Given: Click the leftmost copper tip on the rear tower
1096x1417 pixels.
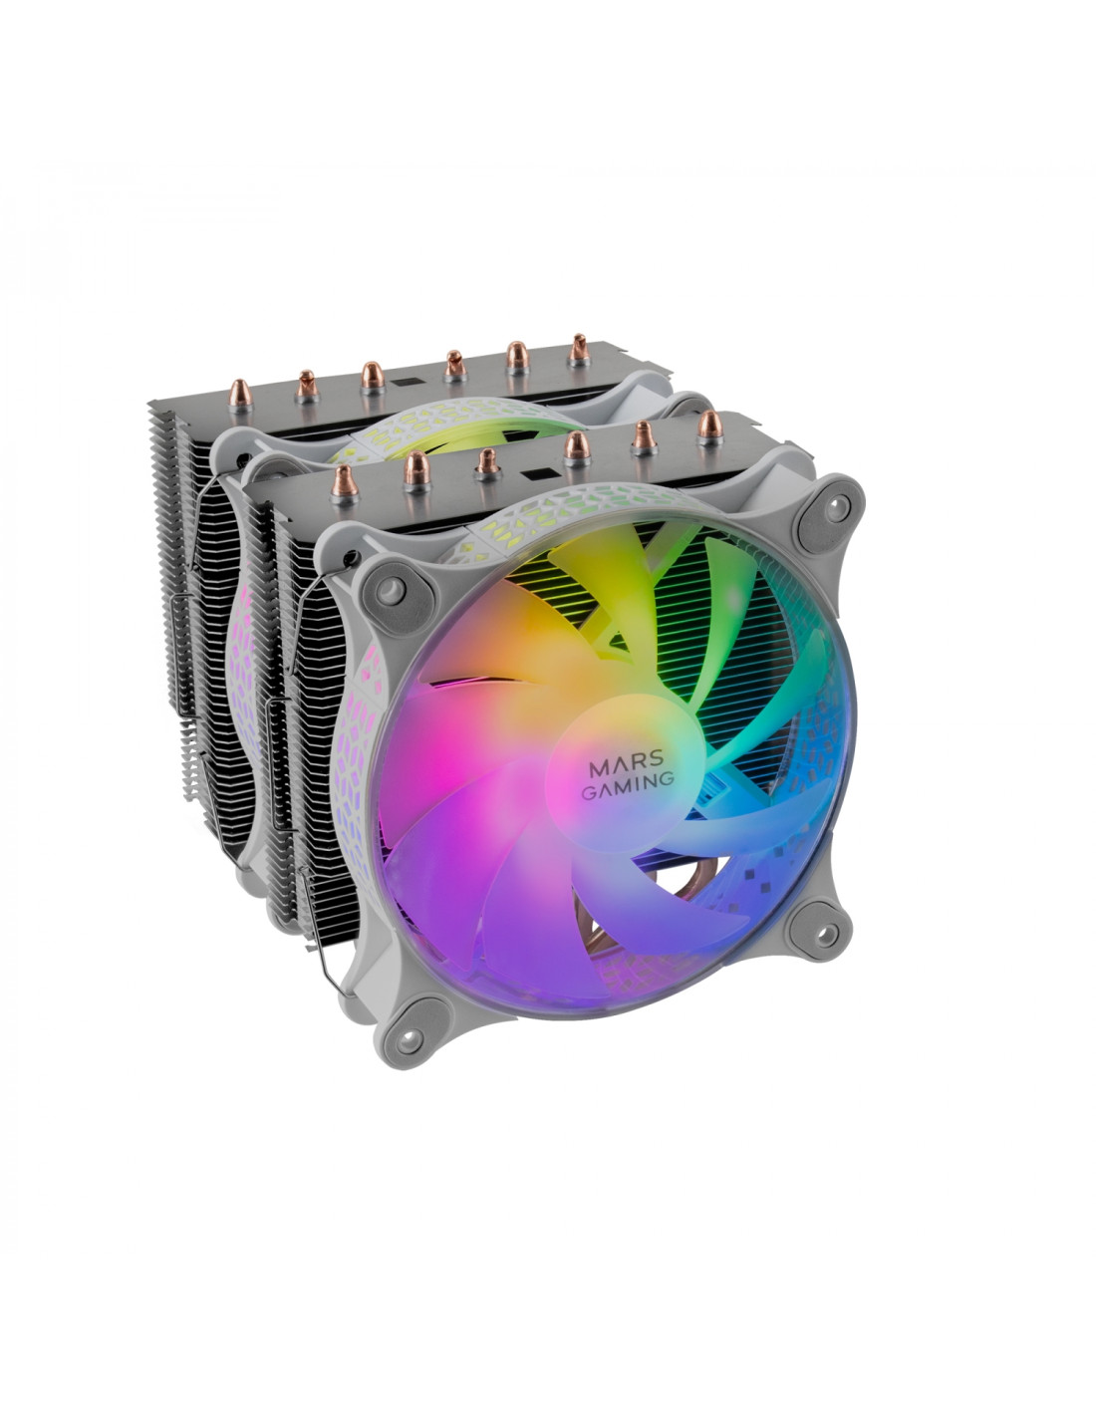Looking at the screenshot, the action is click(240, 394).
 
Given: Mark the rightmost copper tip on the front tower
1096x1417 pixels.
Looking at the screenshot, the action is click(710, 426).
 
